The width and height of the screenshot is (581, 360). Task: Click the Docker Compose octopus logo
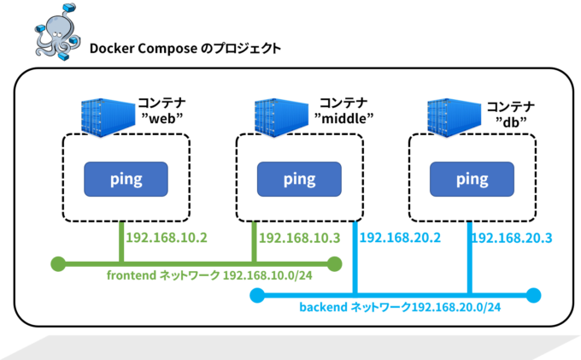(57, 32)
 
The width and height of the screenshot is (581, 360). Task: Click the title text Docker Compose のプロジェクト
(185, 49)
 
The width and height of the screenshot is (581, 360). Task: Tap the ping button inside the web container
(126, 179)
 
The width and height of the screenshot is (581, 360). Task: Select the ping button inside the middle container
(299, 179)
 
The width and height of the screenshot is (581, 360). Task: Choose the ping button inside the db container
(472, 179)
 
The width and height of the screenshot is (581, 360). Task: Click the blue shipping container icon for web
(108, 117)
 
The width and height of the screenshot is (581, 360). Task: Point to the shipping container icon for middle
(281, 117)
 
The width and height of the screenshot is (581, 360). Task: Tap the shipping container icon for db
(454, 117)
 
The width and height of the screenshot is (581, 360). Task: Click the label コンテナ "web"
(162, 110)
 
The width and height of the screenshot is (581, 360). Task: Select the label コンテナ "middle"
(343, 110)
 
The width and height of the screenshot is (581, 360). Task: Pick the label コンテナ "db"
(511, 115)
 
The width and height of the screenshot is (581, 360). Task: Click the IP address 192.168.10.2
(167, 238)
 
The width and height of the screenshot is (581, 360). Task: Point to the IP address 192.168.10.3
(299, 238)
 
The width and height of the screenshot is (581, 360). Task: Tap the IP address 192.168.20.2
(400, 238)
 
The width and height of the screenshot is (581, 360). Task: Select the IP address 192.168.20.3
(512, 238)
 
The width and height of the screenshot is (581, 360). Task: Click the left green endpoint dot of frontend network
(59, 264)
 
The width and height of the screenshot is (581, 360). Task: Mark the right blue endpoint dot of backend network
(533, 295)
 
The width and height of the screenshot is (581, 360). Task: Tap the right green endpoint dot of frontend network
(335, 264)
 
